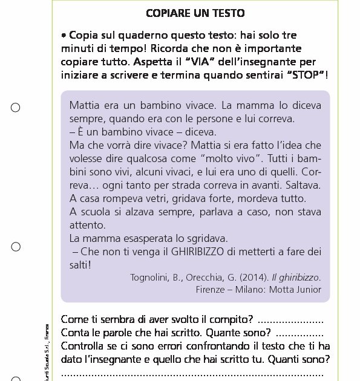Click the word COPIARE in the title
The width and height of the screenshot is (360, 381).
(170, 12)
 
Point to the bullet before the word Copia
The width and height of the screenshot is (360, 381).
(64, 35)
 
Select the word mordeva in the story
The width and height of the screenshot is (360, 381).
(260, 198)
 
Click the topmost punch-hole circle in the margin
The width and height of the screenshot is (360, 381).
(16, 108)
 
